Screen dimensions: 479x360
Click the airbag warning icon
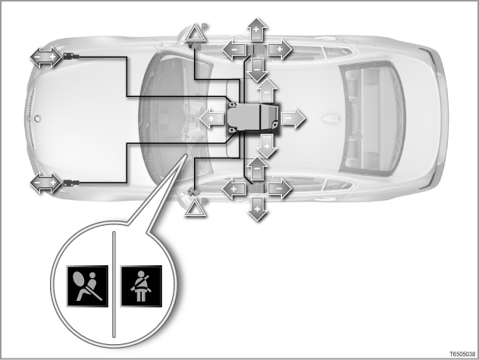pos(88,286)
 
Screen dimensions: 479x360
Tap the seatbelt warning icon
pos(141,286)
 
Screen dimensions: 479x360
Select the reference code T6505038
pos(462,354)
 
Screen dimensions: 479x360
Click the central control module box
pos(253,118)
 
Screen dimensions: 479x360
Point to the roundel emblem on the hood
pos(37,118)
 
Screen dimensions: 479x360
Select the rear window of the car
pos(373,118)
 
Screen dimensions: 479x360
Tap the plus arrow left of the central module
pos(211,118)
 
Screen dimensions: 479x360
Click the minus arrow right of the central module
pos(293,117)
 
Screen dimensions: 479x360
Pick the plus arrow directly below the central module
pos(267,146)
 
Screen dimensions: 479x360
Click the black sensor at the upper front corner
pos(71,57)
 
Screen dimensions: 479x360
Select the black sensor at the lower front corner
pos(71,183)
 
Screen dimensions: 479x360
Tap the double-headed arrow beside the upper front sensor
pos(45,57)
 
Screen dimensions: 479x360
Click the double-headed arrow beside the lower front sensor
pos(45,183)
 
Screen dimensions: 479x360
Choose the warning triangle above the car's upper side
pos(196,34)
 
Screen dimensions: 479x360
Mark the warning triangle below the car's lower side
pos(196,208)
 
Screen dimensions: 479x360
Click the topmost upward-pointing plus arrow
pos(256,30)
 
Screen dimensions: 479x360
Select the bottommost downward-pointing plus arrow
pos(257,209)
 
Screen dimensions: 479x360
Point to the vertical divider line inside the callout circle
pos(114,284)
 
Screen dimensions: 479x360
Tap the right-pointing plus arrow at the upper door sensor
pos(280,49)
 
